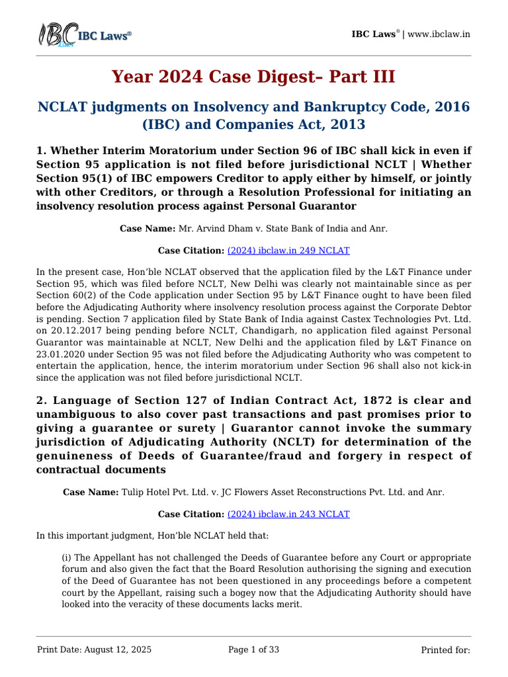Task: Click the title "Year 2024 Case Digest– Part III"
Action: click(x=253, y=77)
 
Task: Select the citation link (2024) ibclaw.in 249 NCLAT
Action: click(x=288, y=251)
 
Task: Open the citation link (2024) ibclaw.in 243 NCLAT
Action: click(x=288, y=514)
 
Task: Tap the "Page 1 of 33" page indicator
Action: click(x=253, y=650)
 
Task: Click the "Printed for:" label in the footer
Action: click(x=445, y=650)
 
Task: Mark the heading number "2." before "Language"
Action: click(x=41, y=400)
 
